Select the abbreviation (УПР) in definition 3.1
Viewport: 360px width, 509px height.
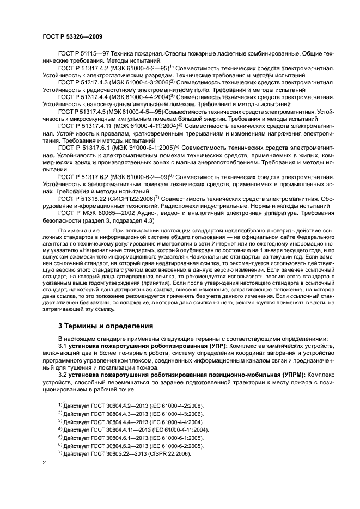211,346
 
